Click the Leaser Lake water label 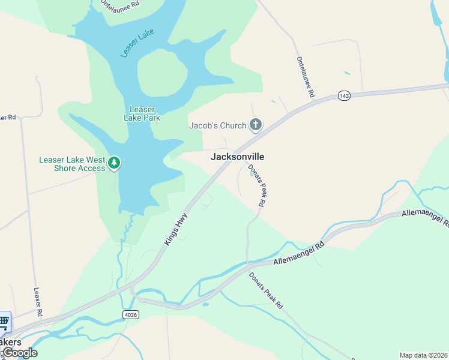point(137,43)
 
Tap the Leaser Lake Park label point(142,113)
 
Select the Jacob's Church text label point(218,125)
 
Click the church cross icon point(256,125)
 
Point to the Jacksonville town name point(237,157)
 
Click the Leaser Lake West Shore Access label point(72,164)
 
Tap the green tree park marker point(113,163)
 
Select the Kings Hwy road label point(176,229)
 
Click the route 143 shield point(343,96)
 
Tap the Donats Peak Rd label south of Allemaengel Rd point(266,290)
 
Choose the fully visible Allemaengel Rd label point(299,253)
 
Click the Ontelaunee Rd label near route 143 point(306,77)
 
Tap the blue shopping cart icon point(4,322)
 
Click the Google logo point(20,353)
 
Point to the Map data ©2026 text point(424,355)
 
